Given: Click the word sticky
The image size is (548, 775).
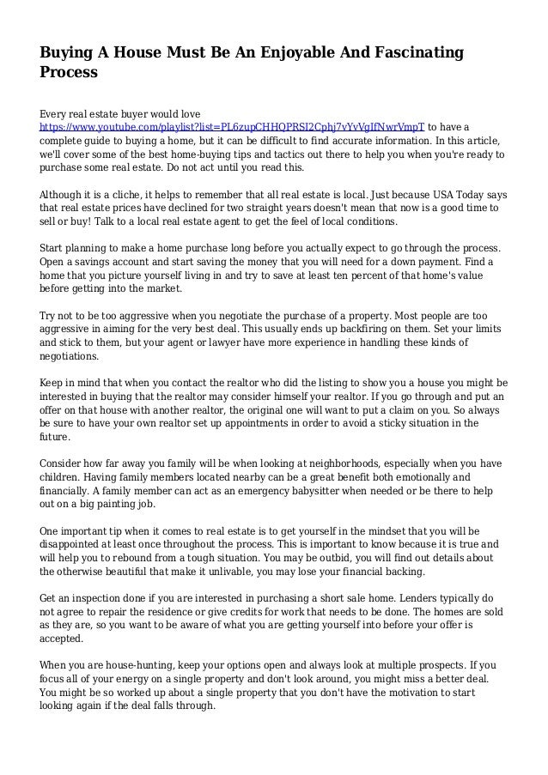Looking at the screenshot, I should [384, 423].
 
